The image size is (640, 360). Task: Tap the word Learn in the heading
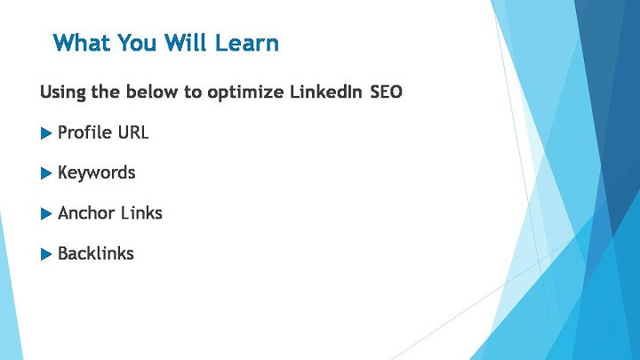(x=246, y=43)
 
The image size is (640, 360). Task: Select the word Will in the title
(x=187, y=43)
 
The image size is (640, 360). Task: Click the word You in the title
(x=137, y=43)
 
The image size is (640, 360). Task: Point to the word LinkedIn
(x=325, y=92)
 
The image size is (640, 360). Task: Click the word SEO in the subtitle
(x=386, y=92)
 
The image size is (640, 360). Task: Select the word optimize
(x=245, y=92)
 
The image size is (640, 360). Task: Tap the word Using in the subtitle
(x=63, y=92)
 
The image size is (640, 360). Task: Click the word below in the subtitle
(x=151, y=92)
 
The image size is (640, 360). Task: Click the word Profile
(x=85, y=132)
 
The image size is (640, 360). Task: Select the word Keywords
(x=96, y=173)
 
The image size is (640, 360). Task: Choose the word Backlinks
(x=96, y=253)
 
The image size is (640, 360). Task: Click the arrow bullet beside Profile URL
(x=46, y=133)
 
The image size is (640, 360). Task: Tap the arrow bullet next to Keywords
(x=46, y=173)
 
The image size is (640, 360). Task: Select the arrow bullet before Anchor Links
(x=46, y=214)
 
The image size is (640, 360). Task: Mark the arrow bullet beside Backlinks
(x=46, y=254)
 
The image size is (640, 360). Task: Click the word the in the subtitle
(x=106, y=92)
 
